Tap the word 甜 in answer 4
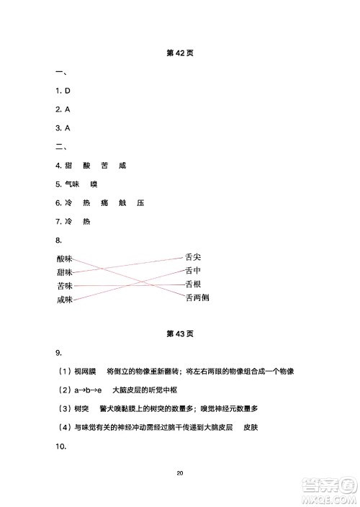(68, 166)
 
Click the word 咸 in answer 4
(122, 166)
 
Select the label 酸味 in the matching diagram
(65, 259)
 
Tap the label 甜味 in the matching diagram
(65, 272)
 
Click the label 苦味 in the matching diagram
(65, 286)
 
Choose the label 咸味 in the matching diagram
(65, 300)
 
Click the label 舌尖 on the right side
(193, 256)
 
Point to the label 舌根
(193, 284)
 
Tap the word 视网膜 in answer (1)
(84, 371)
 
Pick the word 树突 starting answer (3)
(81, 408)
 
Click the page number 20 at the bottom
(180, 473)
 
